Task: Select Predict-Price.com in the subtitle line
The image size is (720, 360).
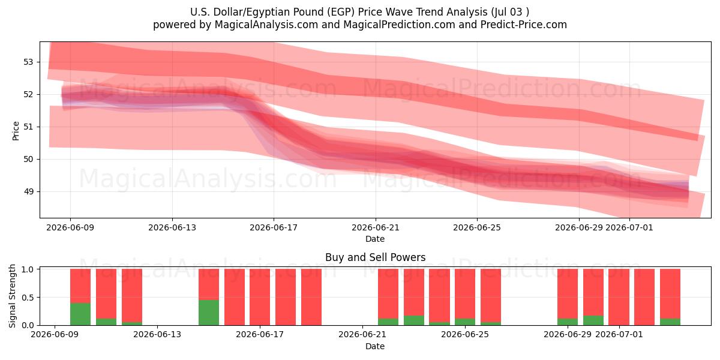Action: pyautogui.click(x=523, y=25)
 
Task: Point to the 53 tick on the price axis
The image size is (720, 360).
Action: pyautogui.click(x=28, y=62)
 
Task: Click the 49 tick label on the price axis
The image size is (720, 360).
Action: pyautogui.click(x=28, y=192)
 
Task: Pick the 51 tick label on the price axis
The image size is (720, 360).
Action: pyautogui.click(x=28, y=127)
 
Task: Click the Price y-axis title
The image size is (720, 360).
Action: pyautogui.click(x=16, y=131)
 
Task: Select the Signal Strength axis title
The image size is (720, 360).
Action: pyautogui.click(x=12, y=296)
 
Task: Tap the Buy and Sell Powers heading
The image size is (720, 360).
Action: pyautogui.click(x=375, y=257)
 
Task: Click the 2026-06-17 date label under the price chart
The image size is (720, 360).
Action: pyautogui.click(x=274, y=227)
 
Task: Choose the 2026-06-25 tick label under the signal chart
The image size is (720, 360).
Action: pyautogui.click(x=465, y=334)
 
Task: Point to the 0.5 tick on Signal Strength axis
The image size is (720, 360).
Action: pyautogui.click(x=28, y=298)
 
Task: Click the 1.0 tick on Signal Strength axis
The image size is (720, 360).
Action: pyautogui.click(x=28, y=269)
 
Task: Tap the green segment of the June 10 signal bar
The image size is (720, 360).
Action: pyautogui.click(x=80, y=314)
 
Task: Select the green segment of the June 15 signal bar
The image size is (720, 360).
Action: pyautogui.click(x=209, y=313)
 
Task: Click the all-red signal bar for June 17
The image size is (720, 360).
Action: pyautogui.click(x=260, y=297)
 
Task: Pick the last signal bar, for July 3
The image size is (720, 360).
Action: pyautogui.click(x=670, y=297)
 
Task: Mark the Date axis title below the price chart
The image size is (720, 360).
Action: pyautogui.click(x=375, y=239)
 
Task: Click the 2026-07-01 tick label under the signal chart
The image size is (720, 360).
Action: pyautogui.click(x=619, y=334)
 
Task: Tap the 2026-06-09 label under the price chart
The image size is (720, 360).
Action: pyautogui.click(x=70, y=227)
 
